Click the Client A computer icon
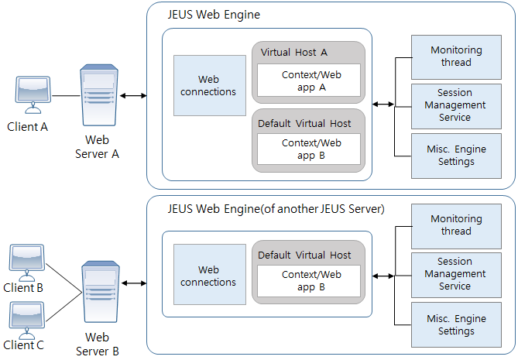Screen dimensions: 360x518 point(33,94)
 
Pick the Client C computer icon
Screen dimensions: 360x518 point(26,318)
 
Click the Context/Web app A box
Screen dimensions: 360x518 point(311,81)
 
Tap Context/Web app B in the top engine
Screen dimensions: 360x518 point(311,149)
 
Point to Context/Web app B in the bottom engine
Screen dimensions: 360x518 point(311,280)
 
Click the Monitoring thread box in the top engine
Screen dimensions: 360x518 point(456,57)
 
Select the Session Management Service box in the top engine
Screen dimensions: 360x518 point(456,105)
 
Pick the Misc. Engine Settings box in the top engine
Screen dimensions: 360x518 point(456,156)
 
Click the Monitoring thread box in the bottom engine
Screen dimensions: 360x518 point(456,225)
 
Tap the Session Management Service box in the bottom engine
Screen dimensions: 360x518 point(456,274)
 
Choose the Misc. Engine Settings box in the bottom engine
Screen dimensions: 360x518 point(456,325)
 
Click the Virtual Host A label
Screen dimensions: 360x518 point(294,52)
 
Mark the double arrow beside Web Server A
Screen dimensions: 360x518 point(134,96)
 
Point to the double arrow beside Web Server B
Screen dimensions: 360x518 point(134,284)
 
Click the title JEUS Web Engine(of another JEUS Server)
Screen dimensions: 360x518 point(276,209)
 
